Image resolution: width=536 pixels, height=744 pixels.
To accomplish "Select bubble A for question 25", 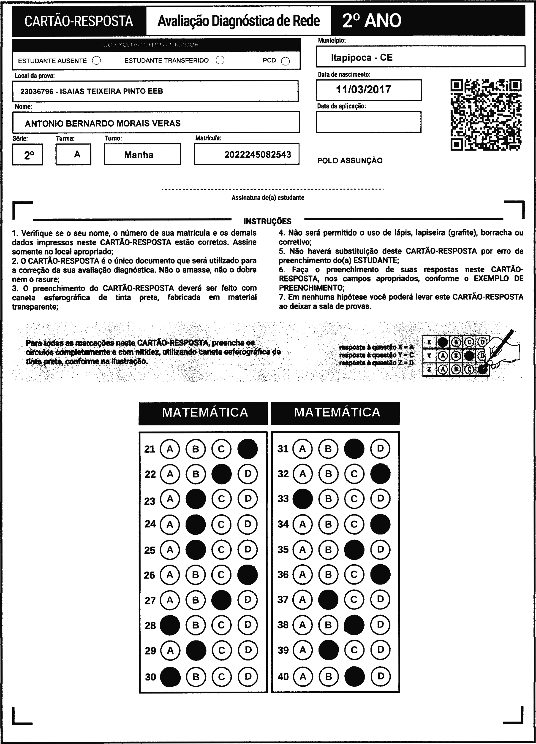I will coord(170,549).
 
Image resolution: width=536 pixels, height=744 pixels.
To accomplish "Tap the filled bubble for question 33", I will coord(302,499).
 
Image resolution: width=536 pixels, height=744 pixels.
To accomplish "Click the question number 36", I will coord(283,574).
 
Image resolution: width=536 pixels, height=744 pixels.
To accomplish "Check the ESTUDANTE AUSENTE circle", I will coord(96,61).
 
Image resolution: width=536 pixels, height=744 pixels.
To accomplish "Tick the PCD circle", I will coord(286,61).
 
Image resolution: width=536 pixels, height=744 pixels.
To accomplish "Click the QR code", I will coord(486,114).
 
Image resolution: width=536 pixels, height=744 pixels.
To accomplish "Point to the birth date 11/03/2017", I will coord(363,89).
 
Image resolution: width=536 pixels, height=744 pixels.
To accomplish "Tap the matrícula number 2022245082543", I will coord(258,154).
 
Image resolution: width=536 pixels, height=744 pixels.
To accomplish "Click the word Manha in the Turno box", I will coord(139,155).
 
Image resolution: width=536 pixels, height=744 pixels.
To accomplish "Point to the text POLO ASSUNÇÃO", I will coord(350,161).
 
